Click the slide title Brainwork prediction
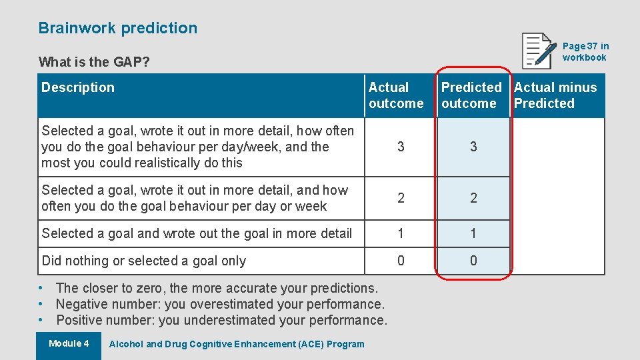(x=118, y=28)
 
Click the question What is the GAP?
(x=94, y=62)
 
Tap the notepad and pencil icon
(x=539, y=51)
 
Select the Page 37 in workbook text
(x=585, y=51)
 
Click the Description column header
(x=78, y=87)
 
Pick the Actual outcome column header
(x=396, y=95)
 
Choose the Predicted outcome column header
(x=471, y=95)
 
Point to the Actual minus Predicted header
(x=555, y=95)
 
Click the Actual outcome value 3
(x=401, y=147)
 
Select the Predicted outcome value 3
(x=473, y=147)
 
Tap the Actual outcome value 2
(x=401, y=198)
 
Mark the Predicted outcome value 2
(x=473, y=198)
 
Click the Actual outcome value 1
(x=401, y=233)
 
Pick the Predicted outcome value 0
(x=473, y=261)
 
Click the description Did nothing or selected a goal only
(x=144, y=261)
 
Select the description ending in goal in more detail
(x=197, y=233)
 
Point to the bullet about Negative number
(x=220, y=304)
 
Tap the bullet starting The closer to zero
(x=217, y=288)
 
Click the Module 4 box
(x=69, y=344)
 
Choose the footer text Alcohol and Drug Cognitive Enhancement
(x=237, y=344)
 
